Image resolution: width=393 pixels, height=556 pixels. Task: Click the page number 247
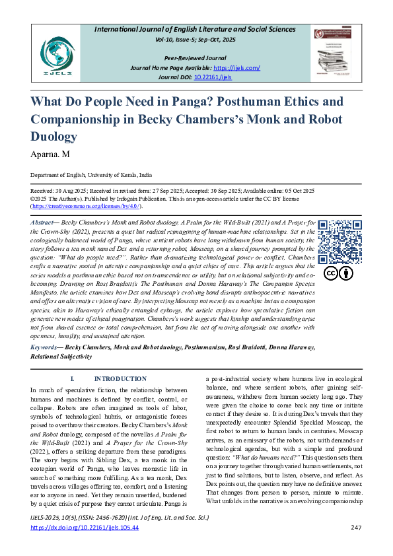coord(355,528)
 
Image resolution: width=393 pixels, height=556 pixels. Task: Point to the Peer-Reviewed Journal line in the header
coord(196,58)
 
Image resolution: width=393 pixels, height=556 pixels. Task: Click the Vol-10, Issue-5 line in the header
coord(196,40)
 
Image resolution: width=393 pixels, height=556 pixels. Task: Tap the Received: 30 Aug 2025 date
coord(63,190)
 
